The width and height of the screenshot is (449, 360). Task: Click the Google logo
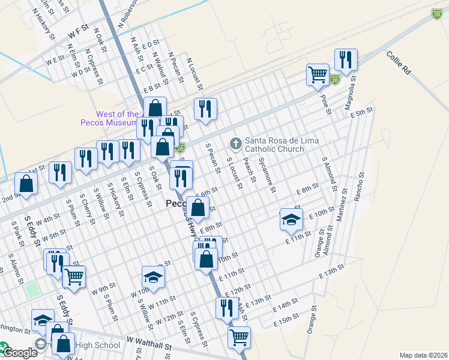20,353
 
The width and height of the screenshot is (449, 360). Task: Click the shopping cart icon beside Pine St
318,75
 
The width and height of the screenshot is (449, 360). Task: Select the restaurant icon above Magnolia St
346,59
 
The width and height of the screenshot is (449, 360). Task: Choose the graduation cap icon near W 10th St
153,277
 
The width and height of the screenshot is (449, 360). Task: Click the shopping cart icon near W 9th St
74,277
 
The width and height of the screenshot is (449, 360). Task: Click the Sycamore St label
267,175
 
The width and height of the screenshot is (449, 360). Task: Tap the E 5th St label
363,112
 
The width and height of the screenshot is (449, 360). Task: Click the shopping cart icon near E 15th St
239,337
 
